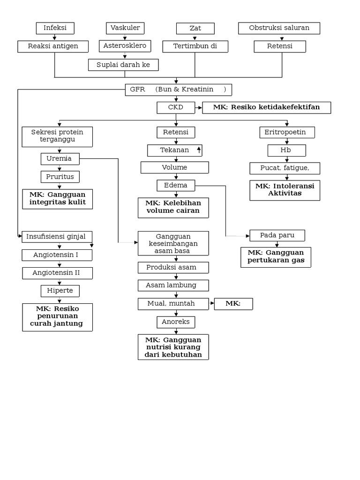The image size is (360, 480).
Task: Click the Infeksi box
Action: click(x=55, y=28)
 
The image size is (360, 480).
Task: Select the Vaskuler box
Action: click(x=125, y=28)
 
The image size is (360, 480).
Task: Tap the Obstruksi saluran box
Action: click(x=279, y=28)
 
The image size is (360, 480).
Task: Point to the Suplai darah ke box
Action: click(x=123, y=65)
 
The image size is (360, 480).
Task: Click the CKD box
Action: click(x=176, y=108)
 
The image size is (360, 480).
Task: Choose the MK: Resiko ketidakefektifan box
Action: click(x=266, y=108)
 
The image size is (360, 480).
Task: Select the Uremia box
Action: click(x=60, y=159)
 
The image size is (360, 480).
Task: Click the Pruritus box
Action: click(x=60, y=177)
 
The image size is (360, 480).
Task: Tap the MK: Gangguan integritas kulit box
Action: click(x=58, y=199)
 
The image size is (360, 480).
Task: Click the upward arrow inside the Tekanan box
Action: click(x=199, y=150)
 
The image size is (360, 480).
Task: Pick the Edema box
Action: click(x=176, y=186)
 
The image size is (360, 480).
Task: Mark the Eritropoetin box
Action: click(x=287, y=133)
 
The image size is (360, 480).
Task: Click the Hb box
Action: click(x=286, y=150)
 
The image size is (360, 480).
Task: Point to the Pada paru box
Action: click(x=277, y=235)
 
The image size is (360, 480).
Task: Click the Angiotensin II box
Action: click(x=57, y=273)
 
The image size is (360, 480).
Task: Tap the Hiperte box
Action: click(x=60, y=291)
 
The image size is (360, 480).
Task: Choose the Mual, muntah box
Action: click(x=172, y=304)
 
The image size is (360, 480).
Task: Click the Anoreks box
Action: click(x=176, y=322)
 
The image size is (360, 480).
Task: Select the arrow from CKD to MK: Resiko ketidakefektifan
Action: click(x=198, y=108)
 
